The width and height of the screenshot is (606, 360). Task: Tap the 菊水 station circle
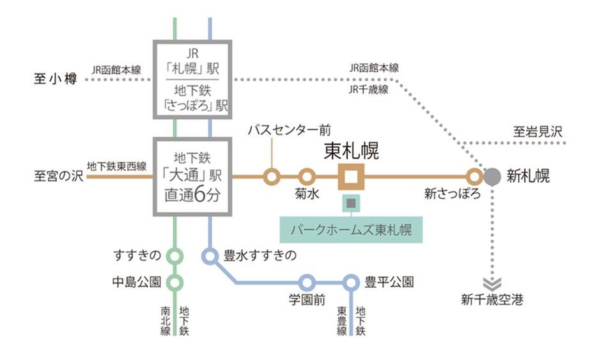307,176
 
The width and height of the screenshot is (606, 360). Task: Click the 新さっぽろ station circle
474,176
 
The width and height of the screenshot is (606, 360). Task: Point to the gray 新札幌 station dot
493,176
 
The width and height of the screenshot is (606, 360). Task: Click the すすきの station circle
175,256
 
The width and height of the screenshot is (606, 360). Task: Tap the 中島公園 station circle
175,281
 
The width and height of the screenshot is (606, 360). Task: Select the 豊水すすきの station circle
210,256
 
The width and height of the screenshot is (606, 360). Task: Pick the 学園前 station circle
307,282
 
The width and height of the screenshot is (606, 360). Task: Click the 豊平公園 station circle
350,282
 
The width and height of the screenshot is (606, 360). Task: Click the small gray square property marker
351,203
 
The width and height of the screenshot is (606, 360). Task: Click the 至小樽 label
55,79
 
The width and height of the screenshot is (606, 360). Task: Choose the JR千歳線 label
369,90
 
